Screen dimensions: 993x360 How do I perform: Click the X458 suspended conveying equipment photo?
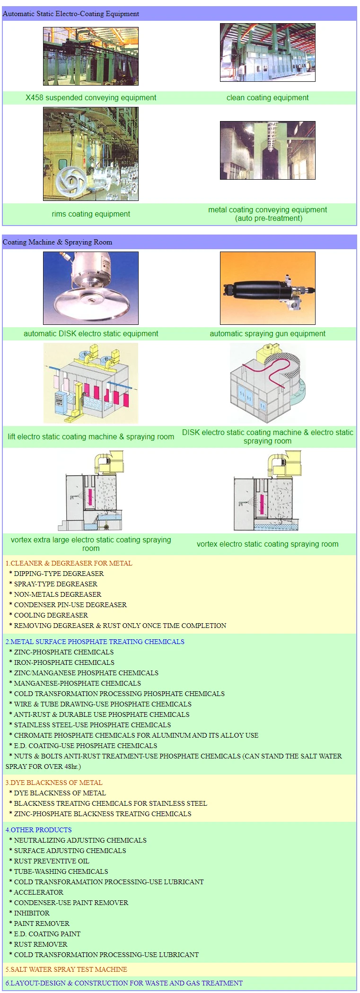point(91,56)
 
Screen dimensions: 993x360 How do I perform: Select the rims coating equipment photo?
point(91,154)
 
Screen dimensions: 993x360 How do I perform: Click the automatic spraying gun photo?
point(267,288)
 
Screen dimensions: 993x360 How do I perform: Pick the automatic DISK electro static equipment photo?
point(91,288)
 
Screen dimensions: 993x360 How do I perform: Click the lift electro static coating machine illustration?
point(91,383)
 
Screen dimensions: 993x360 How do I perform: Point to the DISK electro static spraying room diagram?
point(267,383)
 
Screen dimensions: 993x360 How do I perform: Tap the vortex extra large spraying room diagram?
point(91,490)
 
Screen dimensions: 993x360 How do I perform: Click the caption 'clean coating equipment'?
point(267,98)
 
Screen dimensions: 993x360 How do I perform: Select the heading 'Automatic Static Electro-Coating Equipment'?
point(71,14)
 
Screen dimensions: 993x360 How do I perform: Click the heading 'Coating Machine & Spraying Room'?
point(58,242)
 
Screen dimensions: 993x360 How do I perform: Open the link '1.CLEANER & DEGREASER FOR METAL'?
point(69,563)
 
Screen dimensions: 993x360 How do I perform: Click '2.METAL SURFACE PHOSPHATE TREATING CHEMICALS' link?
point(95,642)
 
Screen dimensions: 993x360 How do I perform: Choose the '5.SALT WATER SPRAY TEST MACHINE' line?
point(66,969)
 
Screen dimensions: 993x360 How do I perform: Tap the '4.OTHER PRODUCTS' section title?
point(39,830)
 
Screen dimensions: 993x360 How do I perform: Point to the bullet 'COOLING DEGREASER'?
point(51,615)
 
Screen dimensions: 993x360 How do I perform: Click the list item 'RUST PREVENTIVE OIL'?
point(52,861)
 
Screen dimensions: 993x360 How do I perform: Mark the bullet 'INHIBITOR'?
point(32,913)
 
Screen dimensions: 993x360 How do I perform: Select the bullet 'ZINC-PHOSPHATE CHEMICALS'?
point(64,652)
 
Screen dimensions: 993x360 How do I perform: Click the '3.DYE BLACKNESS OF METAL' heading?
point(54,783)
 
